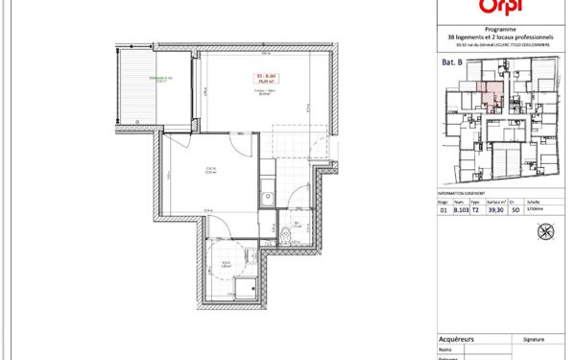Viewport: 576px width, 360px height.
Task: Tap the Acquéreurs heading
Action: point(457,339)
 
